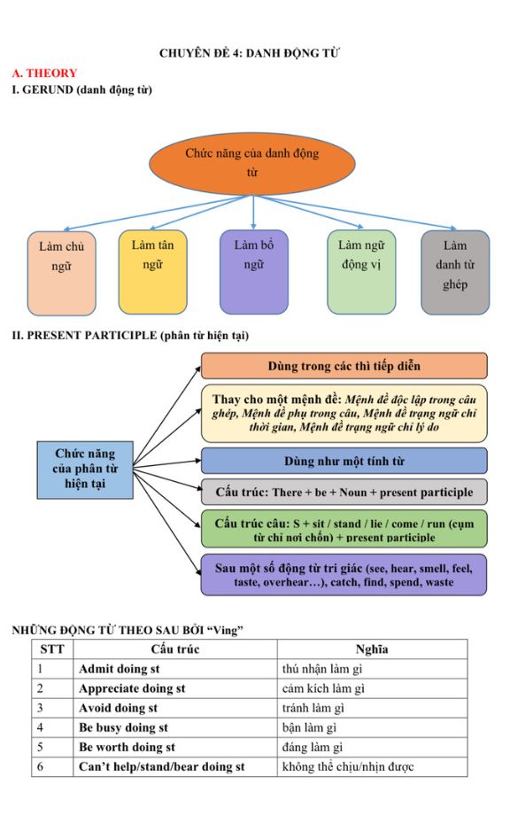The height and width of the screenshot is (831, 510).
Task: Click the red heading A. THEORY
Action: point(44,74)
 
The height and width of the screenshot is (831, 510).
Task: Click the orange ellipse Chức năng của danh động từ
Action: point(252,163)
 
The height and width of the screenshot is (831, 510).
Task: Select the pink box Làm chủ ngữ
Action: point(62,273)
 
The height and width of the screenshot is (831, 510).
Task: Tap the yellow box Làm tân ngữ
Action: point(153,272)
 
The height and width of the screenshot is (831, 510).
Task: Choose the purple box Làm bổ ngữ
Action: point(254,272)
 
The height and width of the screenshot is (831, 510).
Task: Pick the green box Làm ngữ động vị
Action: point(362,272)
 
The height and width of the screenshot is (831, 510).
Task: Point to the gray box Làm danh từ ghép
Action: point(455,272)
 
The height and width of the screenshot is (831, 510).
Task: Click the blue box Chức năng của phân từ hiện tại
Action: point(85,470)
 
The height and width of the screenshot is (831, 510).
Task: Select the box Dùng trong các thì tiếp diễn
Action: point(344,366)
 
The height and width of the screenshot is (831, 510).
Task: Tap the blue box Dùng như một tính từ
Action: point(344,461)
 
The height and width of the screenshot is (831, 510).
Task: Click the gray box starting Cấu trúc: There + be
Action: point(344,492)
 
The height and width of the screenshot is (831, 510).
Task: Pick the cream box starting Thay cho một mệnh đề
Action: point(344,414)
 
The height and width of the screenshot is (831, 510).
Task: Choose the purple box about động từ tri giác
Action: point(344,574)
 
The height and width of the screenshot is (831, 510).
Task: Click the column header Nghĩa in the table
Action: point(372,649)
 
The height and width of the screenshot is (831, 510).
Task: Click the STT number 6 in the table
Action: point(40,767)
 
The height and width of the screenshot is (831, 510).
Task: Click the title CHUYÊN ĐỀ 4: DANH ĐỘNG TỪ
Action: point(250,53)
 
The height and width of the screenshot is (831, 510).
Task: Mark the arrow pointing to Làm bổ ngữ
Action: point(254,212)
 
